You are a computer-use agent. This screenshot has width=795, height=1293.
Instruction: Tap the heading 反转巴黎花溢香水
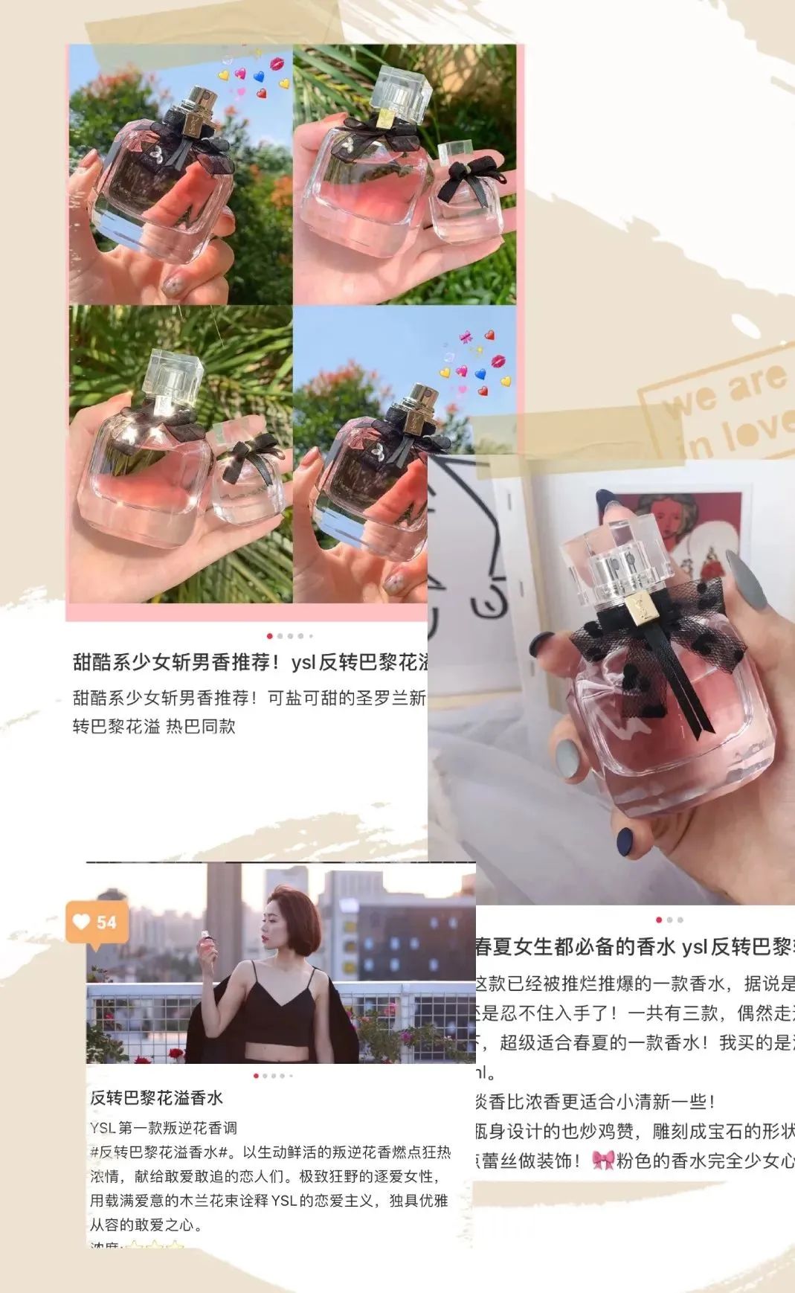point(156,1098)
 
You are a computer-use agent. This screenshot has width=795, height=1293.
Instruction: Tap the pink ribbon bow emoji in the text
point(602,1160)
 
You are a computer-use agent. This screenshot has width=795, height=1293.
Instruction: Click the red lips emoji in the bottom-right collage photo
point(498,361)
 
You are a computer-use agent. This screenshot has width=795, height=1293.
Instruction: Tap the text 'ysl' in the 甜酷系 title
point(303,663)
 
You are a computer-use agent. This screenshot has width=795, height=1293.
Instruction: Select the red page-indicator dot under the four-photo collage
point(269,636)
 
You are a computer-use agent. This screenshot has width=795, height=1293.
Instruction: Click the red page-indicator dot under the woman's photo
point(257,1076)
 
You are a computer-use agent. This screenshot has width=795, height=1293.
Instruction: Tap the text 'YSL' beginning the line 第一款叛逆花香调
point(103,1129)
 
